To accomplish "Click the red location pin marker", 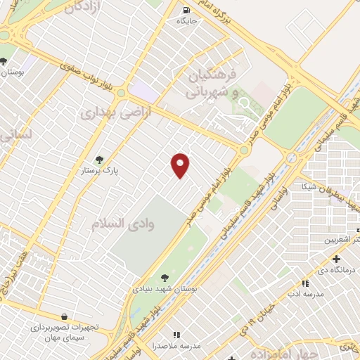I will click(x=181, y=165).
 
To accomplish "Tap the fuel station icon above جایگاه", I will click(x=186, y=11).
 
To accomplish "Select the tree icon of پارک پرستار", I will click(x=99, y=160).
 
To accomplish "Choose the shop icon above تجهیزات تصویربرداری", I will click(x=65, y=317).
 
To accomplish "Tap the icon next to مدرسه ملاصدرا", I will click(x=176, y=335).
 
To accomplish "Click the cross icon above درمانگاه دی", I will click(x=335, y=259).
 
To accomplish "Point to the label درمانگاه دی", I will click(x=334, y=270).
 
